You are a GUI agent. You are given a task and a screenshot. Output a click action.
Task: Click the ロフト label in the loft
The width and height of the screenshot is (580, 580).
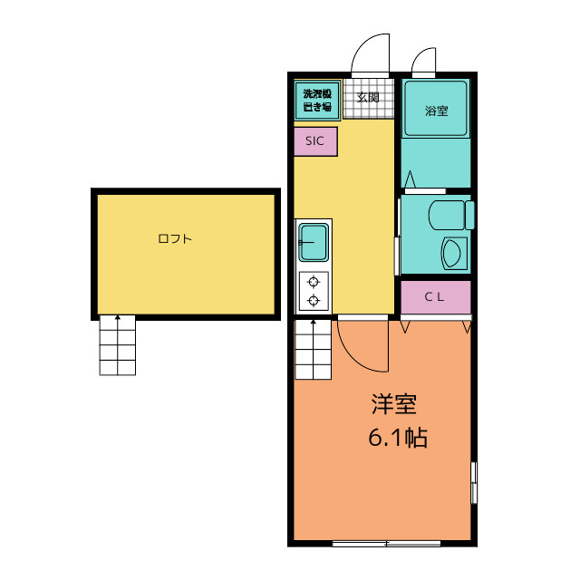click(x=175, y=238)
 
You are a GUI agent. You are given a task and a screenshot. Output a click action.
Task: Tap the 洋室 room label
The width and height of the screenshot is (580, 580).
click(x=394, y=404)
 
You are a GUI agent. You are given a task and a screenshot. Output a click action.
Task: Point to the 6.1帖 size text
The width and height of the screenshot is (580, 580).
click(x=398, y=438)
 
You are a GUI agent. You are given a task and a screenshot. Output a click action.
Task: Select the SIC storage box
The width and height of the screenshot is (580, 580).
click(x=315, y=141)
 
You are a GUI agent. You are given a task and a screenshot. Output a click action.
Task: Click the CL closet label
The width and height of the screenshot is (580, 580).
click(x=434, y=296)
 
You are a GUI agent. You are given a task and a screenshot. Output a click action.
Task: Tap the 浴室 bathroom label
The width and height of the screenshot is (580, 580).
click(x=437, y=111)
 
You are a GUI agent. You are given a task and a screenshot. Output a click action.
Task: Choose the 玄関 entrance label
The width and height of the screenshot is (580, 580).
click(x=368, y=98)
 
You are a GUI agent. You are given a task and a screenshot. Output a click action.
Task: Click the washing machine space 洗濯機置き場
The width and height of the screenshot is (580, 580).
click(x=317, y=101)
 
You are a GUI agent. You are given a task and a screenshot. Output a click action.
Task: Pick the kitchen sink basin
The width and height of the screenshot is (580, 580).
click(x=314, y=242)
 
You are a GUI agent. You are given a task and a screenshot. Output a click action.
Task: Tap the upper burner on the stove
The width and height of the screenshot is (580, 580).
click(x=314, y=282)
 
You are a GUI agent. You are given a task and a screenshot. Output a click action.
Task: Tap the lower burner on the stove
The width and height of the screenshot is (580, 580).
click(x=314, y=300)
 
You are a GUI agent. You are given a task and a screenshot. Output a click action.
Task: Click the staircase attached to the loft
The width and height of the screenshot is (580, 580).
click(x=118, y=345)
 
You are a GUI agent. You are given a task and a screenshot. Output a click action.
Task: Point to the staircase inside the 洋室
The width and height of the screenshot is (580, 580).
click(x=313, y=350)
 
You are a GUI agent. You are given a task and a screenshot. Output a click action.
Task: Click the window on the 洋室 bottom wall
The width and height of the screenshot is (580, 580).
click(x=386, y=544)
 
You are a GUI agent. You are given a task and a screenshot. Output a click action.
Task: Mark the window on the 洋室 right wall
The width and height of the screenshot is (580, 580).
click(x=473, y=482)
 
